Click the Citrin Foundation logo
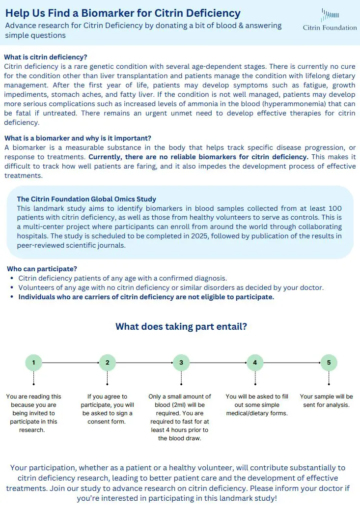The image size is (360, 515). click(x=330, y=20)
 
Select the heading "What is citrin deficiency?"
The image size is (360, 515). click(x=46, y=57)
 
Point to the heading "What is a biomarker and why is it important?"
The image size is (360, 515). click(x=78, y=139)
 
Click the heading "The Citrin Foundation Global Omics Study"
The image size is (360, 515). click(x=86, y=199)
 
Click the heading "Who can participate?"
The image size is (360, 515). click(x=42, y=269)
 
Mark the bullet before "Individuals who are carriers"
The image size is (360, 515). click(x=12, y=297)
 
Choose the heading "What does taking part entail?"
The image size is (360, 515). click(x=181, y=326)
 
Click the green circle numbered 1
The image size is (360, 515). click(x=33, y=363)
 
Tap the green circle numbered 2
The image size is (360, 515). click(x=107, y=363)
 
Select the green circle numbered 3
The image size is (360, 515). click(x=181, y=363)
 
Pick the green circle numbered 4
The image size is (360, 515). click(x=255, y=363)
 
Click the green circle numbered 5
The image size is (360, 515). click(x=329, y=363)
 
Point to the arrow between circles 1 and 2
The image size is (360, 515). click(x=70, y=363)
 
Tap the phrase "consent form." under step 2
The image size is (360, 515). click(x=106, y=422)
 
